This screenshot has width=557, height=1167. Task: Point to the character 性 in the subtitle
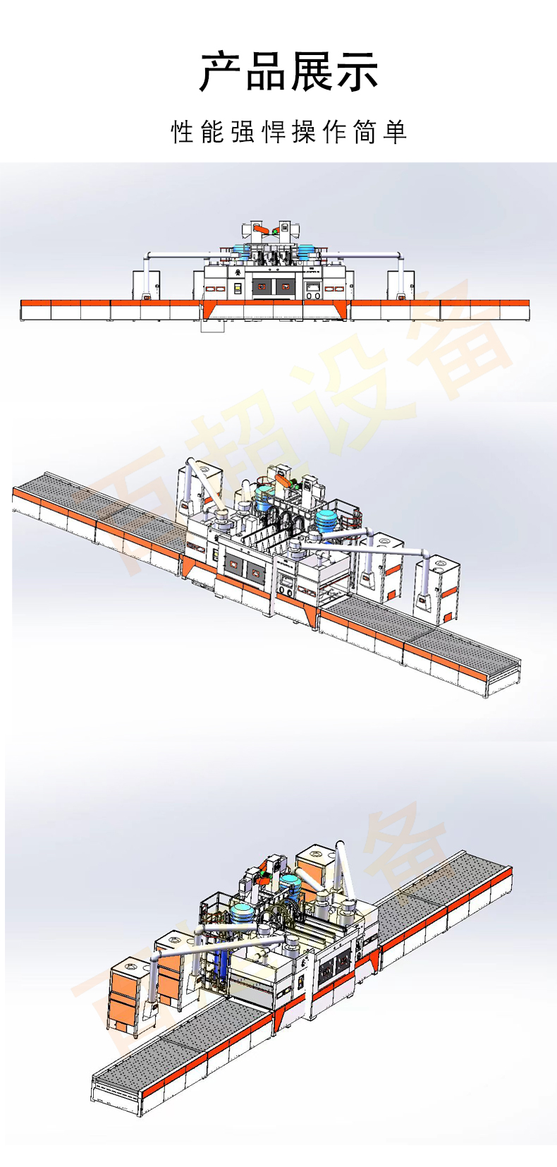[x=182, y=132]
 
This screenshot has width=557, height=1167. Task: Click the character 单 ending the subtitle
[x=396, y=132]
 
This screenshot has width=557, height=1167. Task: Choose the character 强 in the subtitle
[x=243, y=132]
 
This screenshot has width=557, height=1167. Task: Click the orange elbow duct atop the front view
[x=260, y=229]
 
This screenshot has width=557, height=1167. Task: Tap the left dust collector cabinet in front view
[x=146, y=285]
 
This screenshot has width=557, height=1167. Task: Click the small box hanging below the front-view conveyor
[x=212, y=325]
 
